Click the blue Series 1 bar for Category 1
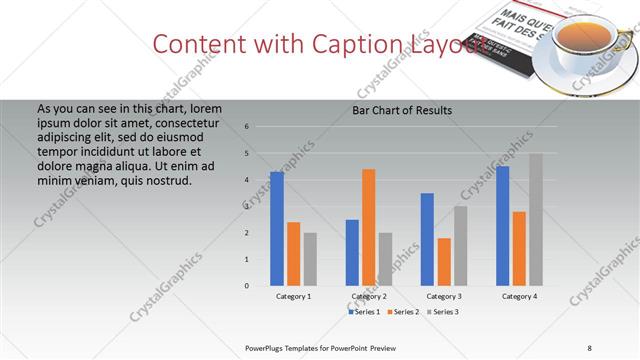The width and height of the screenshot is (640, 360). (277, 229)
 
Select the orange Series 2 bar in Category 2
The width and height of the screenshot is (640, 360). (369, 227)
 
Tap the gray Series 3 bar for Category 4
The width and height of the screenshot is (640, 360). (536, 219)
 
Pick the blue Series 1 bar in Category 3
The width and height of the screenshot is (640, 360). (427, 239)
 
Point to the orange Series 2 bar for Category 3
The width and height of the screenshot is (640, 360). (444, 262)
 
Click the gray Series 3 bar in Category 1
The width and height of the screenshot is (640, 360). (310, 259)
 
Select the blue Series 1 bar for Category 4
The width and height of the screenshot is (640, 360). (502, 226)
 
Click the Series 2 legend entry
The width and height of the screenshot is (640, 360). (402, 312)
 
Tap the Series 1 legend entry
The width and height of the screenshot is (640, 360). (365, 312)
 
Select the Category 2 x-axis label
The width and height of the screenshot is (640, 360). (369, 297)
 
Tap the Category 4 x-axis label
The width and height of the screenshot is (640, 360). (519, 297)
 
